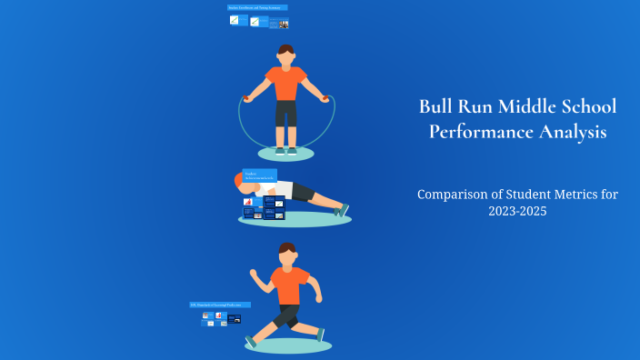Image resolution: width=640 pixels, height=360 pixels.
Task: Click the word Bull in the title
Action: click(435, 106)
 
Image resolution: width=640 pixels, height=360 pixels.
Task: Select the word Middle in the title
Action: click(525, 106)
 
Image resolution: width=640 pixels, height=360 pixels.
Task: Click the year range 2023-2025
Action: click(515, 211)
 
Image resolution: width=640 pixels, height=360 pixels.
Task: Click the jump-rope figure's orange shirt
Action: click(286, 84)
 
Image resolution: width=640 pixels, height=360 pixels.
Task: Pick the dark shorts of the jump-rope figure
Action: click(286, 114)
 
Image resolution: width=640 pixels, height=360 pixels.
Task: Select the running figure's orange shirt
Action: click(290, 285)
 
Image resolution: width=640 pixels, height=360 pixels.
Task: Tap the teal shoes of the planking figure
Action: click(342, 210)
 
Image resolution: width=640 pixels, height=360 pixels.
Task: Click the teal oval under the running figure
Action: click(288, 345)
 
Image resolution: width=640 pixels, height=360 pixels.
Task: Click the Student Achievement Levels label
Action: click(260, 175)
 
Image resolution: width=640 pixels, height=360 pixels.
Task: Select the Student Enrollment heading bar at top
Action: click(257, 7)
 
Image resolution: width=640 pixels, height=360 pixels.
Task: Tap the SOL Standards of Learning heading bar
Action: click(219, 305)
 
